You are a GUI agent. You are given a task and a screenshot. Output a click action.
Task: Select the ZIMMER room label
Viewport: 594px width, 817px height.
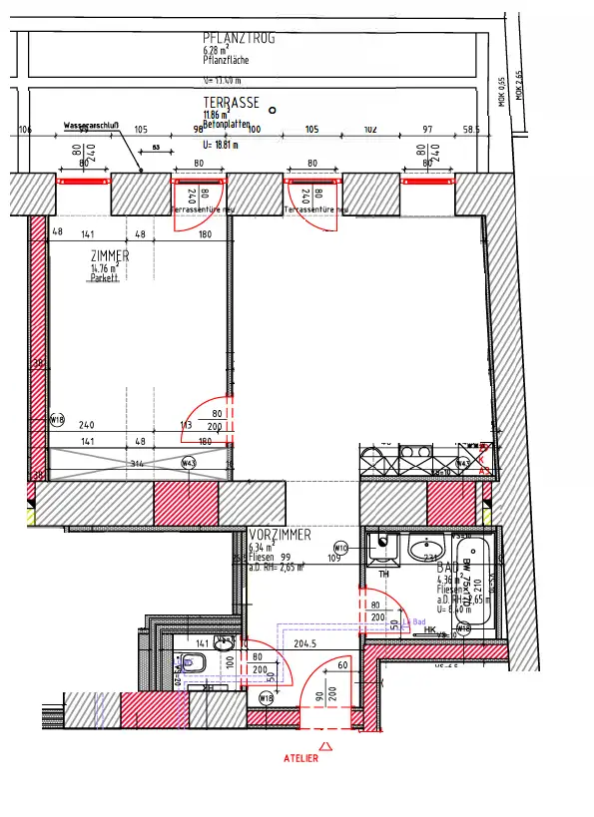coord(110,256)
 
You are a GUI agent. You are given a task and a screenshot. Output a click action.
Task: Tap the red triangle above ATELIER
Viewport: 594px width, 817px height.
coord(324,744)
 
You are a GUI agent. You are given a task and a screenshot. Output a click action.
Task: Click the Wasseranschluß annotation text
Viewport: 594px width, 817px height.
coord(92,126)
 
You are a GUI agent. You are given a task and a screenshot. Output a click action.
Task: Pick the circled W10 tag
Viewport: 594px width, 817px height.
coord(339,548)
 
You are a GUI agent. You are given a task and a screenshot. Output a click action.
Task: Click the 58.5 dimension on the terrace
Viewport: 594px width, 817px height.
coord(471,130)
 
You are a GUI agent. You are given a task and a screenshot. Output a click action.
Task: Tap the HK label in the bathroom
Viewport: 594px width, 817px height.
coord(430,629)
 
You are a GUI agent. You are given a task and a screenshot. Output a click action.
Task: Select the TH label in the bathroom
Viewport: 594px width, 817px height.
coord(384,576)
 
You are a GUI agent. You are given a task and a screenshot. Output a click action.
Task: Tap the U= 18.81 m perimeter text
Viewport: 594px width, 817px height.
coord(225,143)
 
